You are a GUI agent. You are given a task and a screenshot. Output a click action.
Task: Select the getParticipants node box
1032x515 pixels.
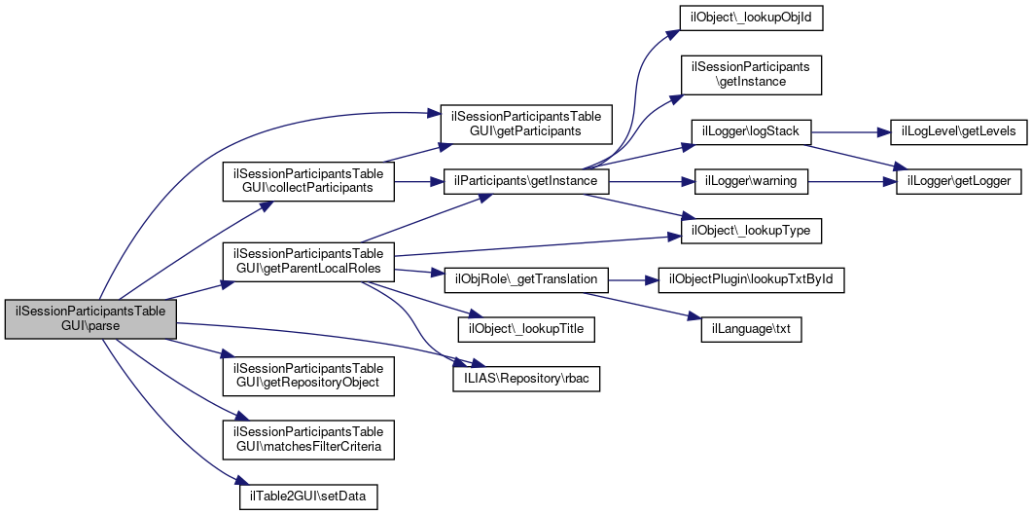point(526,122)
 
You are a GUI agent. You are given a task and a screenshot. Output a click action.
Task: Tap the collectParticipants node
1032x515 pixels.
point(308,180)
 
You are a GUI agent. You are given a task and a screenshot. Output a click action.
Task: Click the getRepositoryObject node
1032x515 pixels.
point(308,376)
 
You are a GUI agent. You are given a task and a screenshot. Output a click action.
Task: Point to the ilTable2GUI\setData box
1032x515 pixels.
point(308,496)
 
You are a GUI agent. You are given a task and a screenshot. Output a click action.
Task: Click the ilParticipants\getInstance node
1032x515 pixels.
point(526,181)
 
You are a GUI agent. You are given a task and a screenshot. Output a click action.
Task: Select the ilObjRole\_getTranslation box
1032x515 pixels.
point(526,279)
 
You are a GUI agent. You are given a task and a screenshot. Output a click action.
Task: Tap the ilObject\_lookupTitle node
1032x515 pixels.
point(526,329)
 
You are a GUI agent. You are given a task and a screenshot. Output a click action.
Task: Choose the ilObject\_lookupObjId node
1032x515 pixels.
point(751,18)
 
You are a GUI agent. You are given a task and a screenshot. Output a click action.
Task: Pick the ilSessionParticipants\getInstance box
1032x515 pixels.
point(751,75)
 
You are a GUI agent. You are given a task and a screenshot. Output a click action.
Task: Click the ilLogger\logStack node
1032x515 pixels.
point(751,131)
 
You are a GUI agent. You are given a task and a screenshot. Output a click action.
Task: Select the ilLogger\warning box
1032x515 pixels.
point(751,181)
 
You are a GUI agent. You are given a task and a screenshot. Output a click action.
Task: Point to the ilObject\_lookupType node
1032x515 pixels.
point(751,231)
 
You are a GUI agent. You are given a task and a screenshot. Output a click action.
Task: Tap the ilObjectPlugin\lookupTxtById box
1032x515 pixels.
point(751,279)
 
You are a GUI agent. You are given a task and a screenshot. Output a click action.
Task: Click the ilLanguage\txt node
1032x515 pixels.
point(751,329)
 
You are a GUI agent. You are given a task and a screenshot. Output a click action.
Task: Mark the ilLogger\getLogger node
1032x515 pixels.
point(959,181)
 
